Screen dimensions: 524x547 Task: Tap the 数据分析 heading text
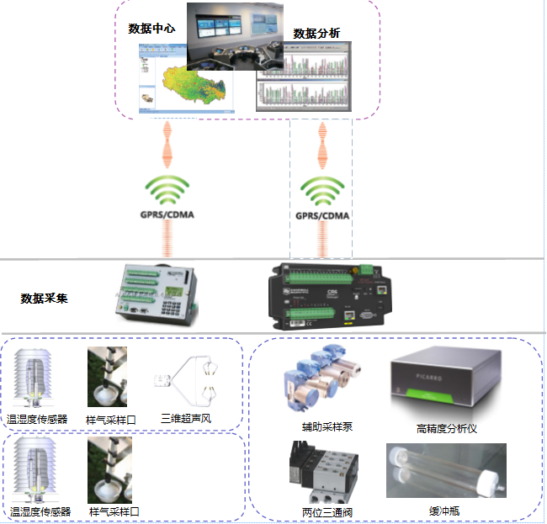click(316, 34)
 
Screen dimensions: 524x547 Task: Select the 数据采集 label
click(45, 298)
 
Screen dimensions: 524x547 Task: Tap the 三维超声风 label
click(186, 418)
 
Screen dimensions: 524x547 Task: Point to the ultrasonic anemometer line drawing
click(189, 383)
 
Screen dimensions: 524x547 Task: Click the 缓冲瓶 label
click(445, 511)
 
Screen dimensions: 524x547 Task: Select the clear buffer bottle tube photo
click(445, 472)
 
